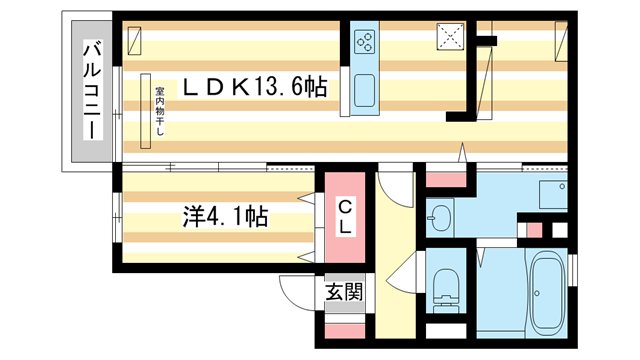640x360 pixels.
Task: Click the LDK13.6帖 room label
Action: (x=254, y=88)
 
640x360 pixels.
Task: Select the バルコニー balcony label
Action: (x=90, y=91)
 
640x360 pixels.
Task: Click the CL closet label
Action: (x=343, y=217)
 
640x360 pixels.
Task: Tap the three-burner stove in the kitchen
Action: (x=364, y=42)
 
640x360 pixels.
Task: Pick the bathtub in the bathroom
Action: (x=545, y=293)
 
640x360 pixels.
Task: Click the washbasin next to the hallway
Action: (x=441, y=214)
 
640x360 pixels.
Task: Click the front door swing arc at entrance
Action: (x=293, y=290)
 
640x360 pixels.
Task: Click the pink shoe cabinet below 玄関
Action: (x=343, y=326)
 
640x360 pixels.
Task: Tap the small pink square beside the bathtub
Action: (x=535, y=230)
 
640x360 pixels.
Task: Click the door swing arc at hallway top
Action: (x=394, y=185)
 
